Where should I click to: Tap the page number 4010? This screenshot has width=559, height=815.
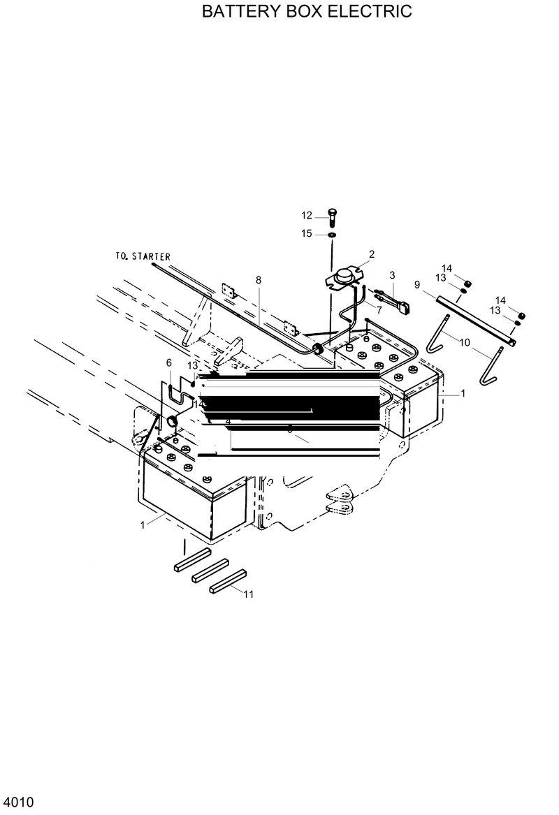[20, 801]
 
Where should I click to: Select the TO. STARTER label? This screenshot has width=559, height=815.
[143, 257]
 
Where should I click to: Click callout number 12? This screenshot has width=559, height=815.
[307, 214]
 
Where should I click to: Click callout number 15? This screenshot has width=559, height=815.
[307, 234]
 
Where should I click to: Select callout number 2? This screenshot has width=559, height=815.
[372, 254]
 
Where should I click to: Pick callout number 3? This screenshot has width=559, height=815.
[393, 274]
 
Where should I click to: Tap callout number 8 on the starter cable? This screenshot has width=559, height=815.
[259, 280]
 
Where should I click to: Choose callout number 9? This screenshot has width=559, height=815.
[417, 284]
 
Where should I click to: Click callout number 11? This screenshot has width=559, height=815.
[248, 594]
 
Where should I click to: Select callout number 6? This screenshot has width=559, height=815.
[168, 362]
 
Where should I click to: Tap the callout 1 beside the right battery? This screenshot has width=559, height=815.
[463, 394]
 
